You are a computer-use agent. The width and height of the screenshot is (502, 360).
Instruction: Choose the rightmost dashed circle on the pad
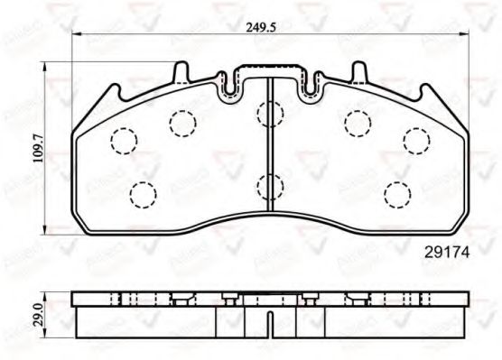point(417,140)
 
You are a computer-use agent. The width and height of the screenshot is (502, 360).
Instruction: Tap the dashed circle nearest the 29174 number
point(397,193)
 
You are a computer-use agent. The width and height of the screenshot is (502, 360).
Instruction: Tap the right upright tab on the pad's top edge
point(358,72)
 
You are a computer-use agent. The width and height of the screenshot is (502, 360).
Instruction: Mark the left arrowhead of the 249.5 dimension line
point(75,37)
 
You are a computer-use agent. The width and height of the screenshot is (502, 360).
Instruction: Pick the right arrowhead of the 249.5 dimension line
point(468,37)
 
